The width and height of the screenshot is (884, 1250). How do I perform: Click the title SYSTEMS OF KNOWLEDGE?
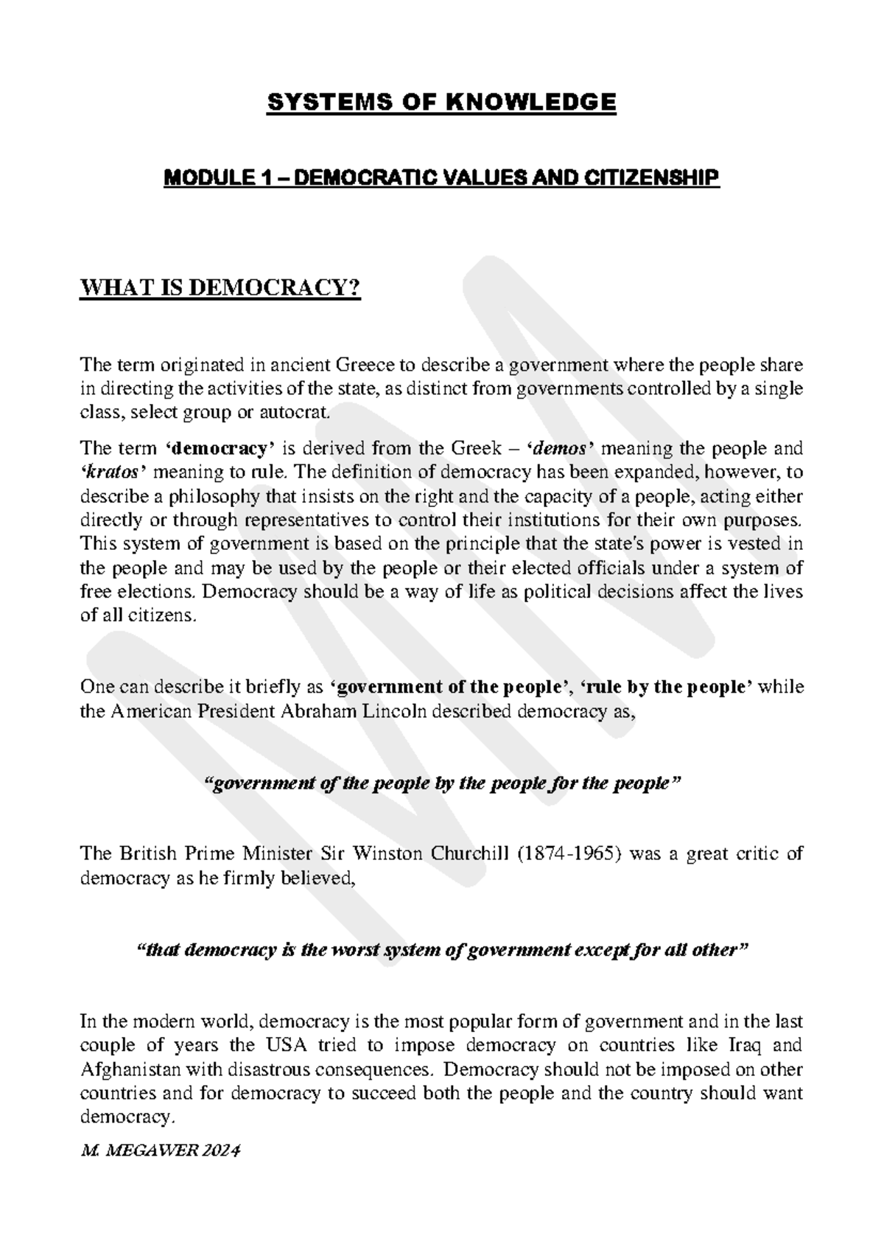(x=441, y=102)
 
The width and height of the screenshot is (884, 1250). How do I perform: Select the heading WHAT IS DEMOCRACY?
(x=220, y=289)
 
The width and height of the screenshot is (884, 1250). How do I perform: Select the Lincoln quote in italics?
(x=441, y=783)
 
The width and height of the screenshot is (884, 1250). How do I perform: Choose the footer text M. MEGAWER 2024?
(x=160, y=1151)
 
